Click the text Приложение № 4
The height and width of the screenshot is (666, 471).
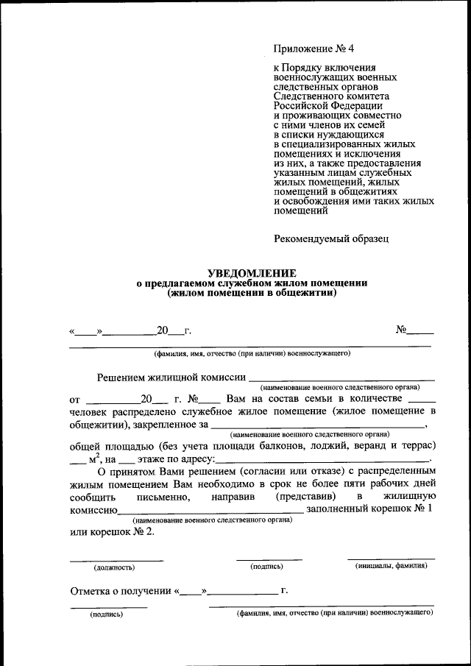pyautogui.click(x=314, y=49)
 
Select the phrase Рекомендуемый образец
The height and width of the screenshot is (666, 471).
pyautogui.click(x=330, y=238)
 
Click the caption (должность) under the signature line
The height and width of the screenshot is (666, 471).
pyautogui.click(x=113, y=567)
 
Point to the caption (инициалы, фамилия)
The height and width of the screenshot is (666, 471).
pyautogui.click(x=391, y=566)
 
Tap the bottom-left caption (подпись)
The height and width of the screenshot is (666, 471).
pyautogui.click(x=107, y=614)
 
